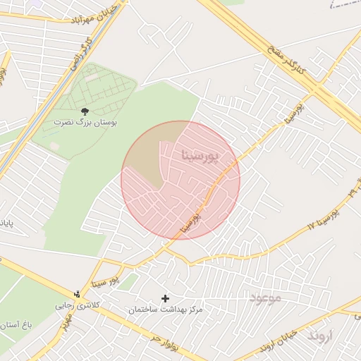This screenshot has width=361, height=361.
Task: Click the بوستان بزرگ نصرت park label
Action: [86, 123]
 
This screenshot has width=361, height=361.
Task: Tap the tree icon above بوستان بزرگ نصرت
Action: [85, 111]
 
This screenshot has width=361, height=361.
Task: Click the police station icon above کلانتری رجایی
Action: [78, 294]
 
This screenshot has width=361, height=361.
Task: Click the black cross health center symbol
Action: [166, 299]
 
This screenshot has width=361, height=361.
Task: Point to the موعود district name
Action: [264, 298]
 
